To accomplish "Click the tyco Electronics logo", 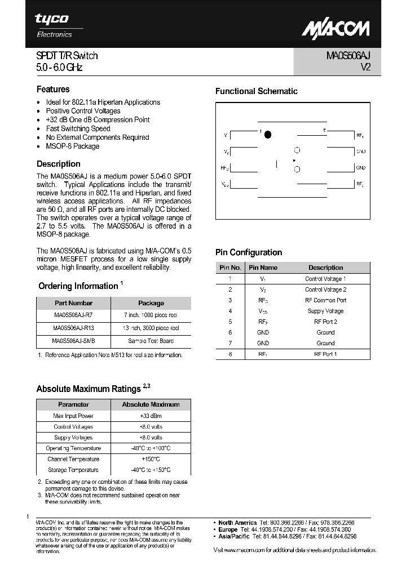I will click(x=54, y=25).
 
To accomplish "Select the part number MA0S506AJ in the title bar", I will click(x=347, y=56).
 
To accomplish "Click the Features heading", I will click(x=53, y=89).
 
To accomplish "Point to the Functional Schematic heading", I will click(x=256, y=91).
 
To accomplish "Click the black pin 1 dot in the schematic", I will click(x=268, y=135).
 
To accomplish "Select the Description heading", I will click(x=58, y=164).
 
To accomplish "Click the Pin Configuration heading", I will click(x=249, y=252).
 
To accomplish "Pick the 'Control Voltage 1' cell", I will click(x=325, y=279).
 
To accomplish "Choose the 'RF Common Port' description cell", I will click(x=325, y=300).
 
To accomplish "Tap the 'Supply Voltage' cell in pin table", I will click(x=325, y=311).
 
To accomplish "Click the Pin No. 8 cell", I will click(x=230, y=354).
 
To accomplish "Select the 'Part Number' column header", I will click(x=73, y=303).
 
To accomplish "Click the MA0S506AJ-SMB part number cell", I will click(x=73, y=341).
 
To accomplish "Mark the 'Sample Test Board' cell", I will click(x=151, y=341).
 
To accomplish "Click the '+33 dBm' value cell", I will click(x=151, y=416).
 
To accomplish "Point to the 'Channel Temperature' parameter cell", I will click(x=73, y=459).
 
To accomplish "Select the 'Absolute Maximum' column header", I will click(x=151, y=404).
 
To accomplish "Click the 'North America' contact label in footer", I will click(x=237, y=523).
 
